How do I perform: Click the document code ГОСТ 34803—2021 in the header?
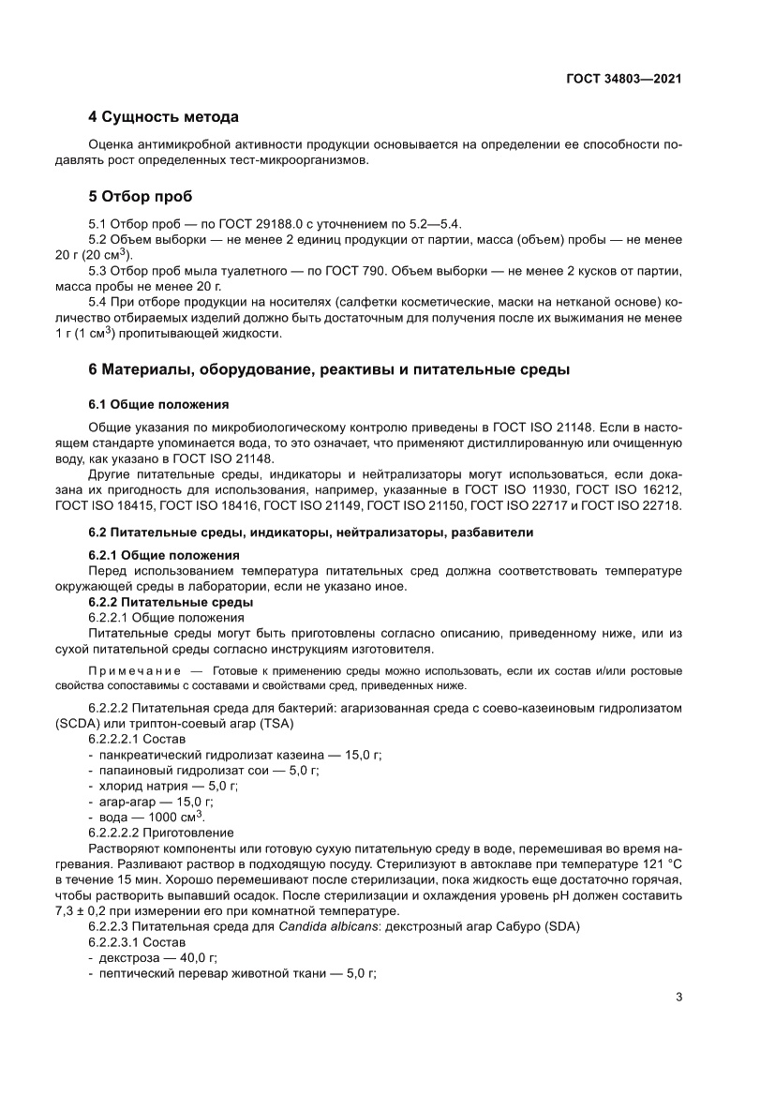(x=622, y=80)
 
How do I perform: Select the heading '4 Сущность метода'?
(x=163, y=117)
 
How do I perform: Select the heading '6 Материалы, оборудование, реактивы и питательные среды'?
(x=328, y=369)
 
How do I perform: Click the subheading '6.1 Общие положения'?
(x=158, y=405)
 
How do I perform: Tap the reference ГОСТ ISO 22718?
(x=631, y=506)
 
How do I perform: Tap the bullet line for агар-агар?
(x=150, y=802)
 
